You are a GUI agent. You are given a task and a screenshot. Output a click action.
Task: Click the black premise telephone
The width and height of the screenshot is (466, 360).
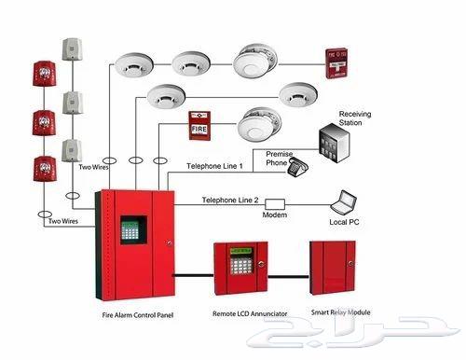(299, 168)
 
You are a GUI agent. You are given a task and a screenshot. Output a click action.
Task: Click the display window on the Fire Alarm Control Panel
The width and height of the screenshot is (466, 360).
(132, 232)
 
